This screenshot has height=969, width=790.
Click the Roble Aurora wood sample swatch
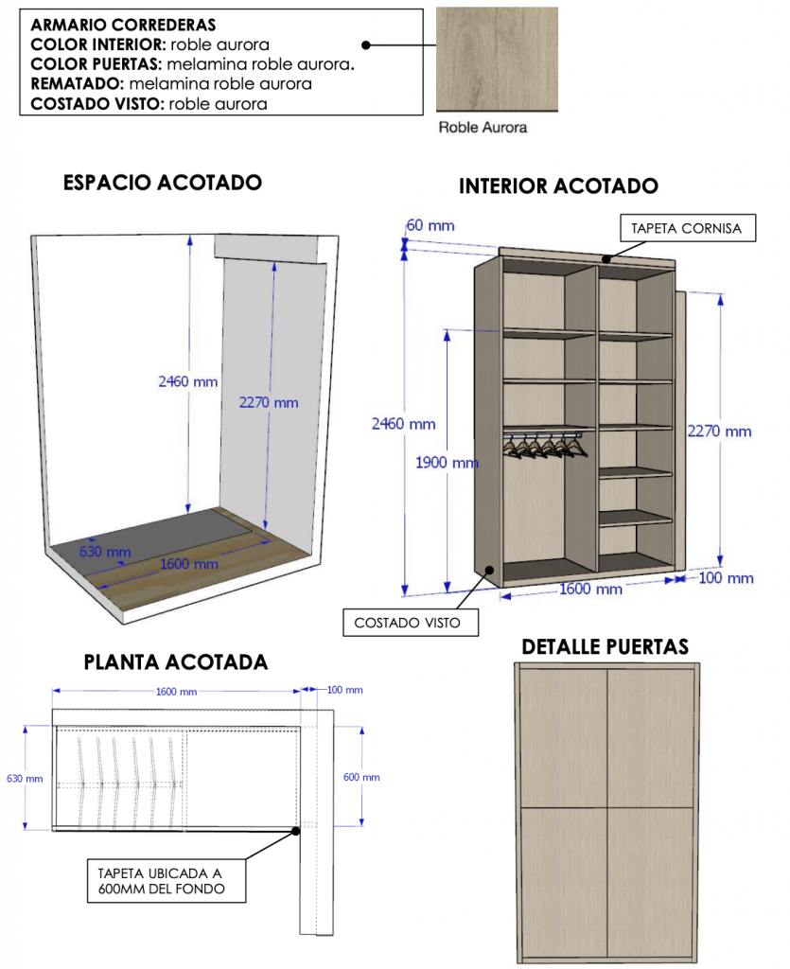[x=497, y=59]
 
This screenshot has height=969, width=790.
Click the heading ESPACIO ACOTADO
[x=163, y=183]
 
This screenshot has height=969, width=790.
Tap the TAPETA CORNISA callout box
[x=688, y=228]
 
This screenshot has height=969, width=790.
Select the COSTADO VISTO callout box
[x=410, y=623]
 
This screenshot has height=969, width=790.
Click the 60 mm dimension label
[x=430, y=225]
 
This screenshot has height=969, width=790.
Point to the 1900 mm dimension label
[x=446, y=462]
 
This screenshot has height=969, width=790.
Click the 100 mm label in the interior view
[x=726, y=578]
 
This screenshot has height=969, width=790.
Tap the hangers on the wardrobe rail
[x=544, y=445]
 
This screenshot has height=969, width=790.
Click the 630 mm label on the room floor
[x=105, y=552]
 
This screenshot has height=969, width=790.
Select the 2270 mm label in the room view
[x=269, y=403]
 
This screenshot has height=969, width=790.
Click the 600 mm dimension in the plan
[x=361, y=777]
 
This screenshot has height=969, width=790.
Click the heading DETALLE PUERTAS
[x=605, y=646]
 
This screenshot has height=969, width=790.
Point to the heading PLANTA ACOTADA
[x=176, y=661]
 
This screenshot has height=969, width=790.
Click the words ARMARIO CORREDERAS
[x=124, y=25]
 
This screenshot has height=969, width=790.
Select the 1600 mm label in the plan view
[x=176, y=692]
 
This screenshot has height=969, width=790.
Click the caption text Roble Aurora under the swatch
[x=483, y=128]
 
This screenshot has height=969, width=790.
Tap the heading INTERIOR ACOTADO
[x=558, y=186]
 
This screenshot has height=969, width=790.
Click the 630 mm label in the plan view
[x=25, y=779]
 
